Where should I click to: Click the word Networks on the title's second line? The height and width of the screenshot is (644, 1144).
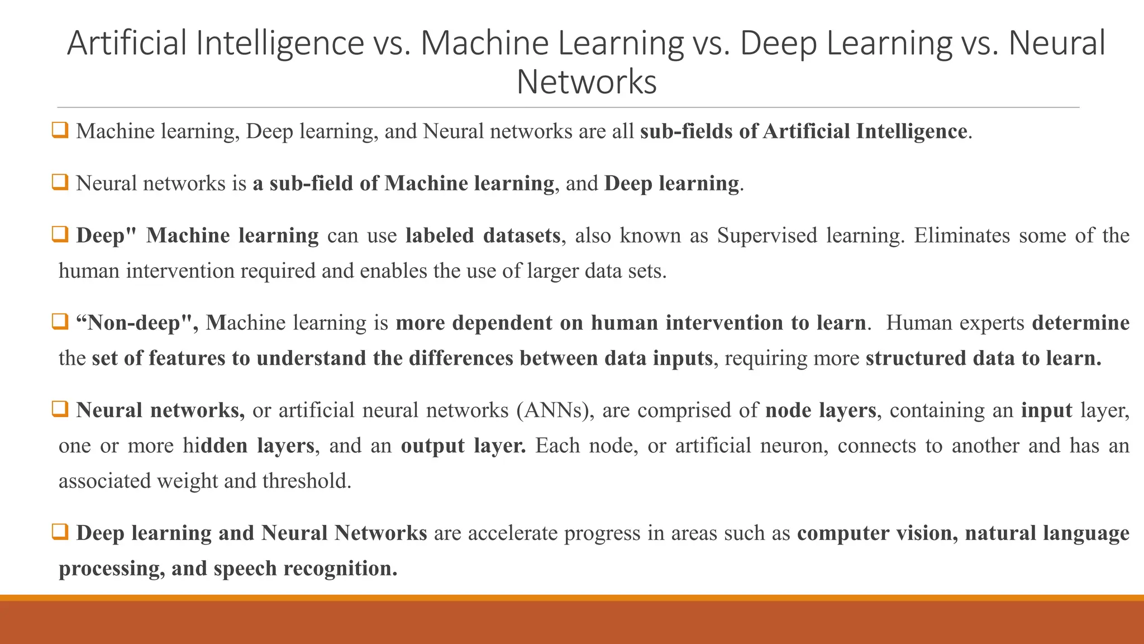(x=587, y=82)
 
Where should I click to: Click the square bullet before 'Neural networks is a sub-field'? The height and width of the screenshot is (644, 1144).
(x=60, y=182)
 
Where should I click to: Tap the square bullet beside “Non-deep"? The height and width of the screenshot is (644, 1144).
(x=60, y=321)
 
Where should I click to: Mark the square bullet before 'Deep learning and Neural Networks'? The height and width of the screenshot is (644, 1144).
(x=60, y=532)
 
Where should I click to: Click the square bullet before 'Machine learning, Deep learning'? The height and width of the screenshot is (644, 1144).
(x=60, y=130)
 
